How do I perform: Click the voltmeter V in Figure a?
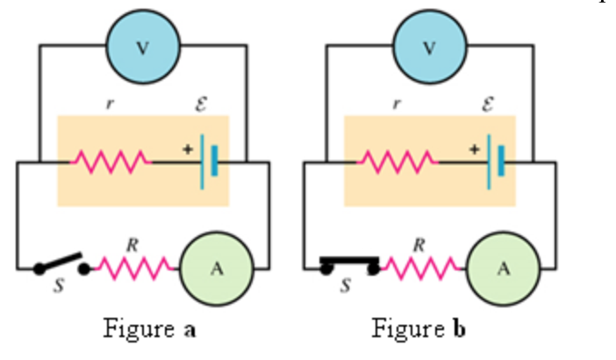click(x=142, y=46)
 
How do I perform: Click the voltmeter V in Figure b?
click(x=429, y=46)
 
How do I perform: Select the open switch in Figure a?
click(x=61, y=263)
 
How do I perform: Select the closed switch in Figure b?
click(x=349, y=262)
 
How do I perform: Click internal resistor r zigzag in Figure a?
click(x=111, y=162)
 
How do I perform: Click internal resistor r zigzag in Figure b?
click(x=398, y=162)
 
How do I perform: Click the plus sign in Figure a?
click(x=187, y=149)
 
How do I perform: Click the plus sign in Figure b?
click(x=474, y=149)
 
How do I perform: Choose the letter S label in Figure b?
click(x=345, y=286)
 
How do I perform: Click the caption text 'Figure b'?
click(x=419, y=330)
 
